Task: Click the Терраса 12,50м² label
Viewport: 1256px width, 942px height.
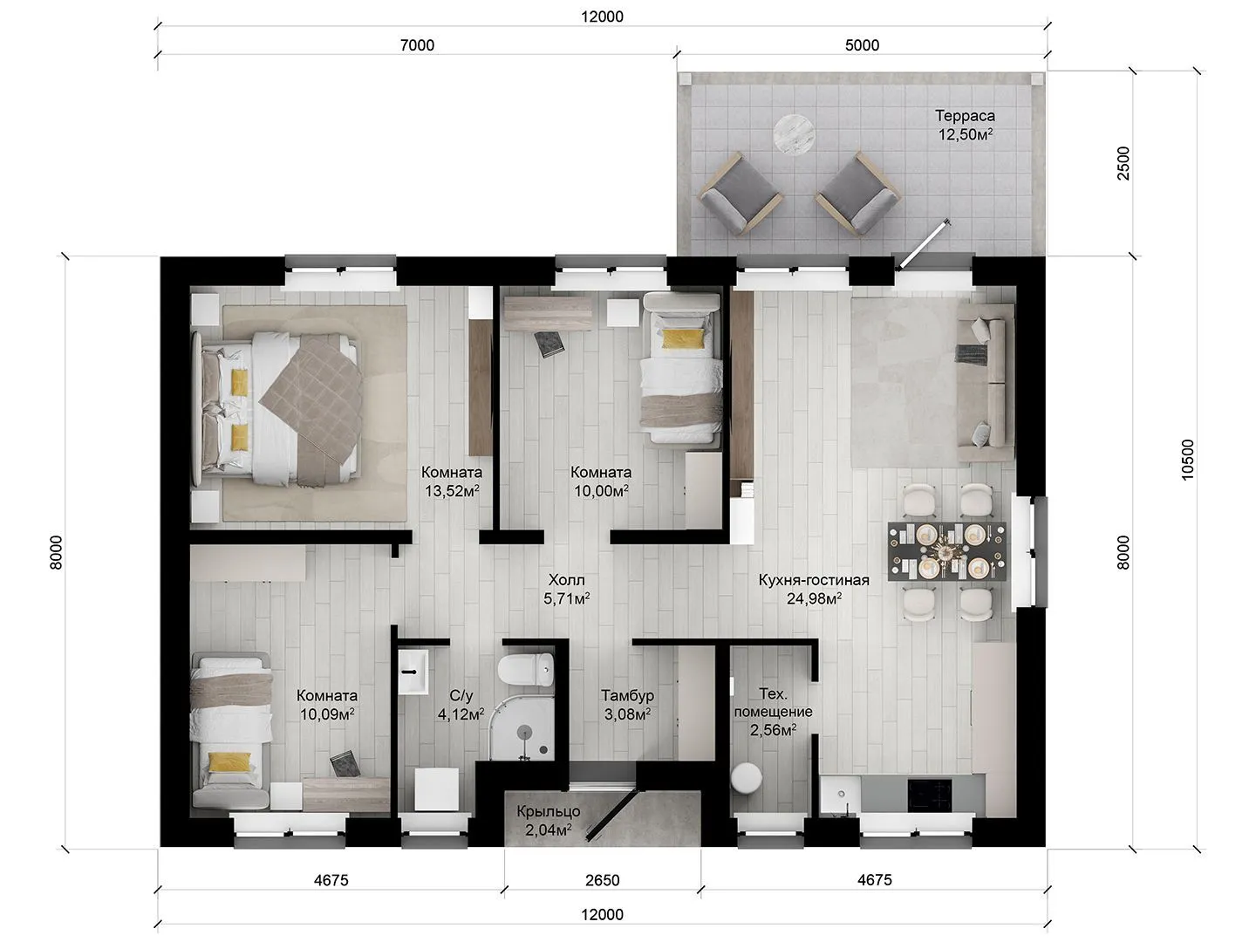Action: [x=965, y=125]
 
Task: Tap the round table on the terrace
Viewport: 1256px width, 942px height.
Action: [x=795, y=134]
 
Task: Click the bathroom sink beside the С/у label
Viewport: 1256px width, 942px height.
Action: [x=413, y=672]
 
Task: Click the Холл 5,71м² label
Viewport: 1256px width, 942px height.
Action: [x=566, y=589]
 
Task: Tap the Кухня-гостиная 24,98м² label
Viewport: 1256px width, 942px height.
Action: [x=814, y=589]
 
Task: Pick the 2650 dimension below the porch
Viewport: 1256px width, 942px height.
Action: [x=602, y=880]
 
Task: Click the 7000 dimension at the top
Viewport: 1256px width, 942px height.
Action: [x=417, y=45]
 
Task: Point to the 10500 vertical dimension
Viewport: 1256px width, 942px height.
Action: [x=1188, y=460]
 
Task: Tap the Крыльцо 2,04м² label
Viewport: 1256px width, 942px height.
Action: [x=548, y=820]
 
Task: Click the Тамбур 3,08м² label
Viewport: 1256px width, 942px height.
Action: [x=627, y=705]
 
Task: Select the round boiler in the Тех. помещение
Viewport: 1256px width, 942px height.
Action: [x=746, y=778]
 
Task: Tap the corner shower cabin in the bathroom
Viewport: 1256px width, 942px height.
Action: [x=522, y=728]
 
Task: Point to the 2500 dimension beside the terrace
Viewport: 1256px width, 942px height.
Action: [x=1123, y=163]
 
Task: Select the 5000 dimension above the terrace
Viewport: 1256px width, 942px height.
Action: [x=862, y=45]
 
